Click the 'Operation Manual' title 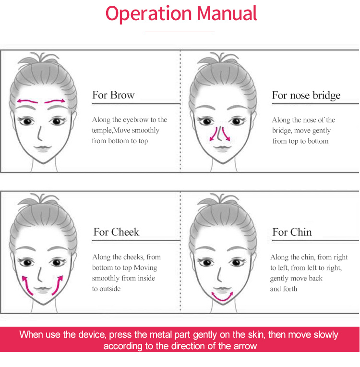(181, 13)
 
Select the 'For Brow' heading (113, 95)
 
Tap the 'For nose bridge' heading (306, 96)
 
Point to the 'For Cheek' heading (116, 232)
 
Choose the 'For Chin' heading (292, 232)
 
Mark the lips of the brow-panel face (43, 148)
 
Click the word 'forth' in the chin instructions (290, 289)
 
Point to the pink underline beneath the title (180, 32)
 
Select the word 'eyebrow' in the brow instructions (136, 120)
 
